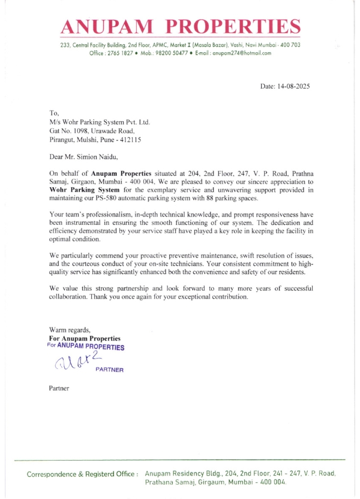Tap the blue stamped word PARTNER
[x=109, y=370]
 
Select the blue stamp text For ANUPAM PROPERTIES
[x=85, y=347]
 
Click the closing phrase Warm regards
[x=69, y=330]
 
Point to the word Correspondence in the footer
[x=57, y=474]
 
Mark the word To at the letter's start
[x=53, y=113]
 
